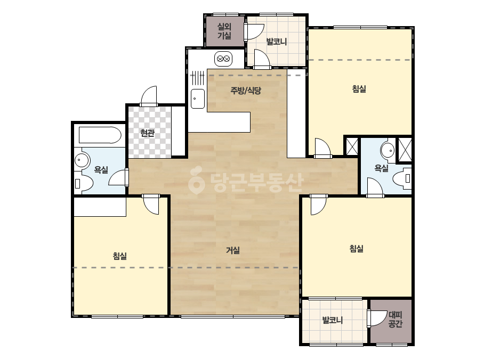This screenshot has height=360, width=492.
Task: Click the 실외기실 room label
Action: tap(224, 31)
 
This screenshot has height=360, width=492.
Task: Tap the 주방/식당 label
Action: tap(246, 91)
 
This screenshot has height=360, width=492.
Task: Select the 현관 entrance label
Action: tap(147, 133)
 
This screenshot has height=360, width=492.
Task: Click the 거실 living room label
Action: tap(233, 250)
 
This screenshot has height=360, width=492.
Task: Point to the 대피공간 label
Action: tap(395, 319)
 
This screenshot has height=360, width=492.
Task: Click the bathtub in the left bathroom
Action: tap(100, 135)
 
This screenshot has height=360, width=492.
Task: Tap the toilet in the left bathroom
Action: tap(83, 183)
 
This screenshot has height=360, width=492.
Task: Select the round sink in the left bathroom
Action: tap(82, 160)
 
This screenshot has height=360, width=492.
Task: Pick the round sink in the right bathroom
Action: tap(388, 150)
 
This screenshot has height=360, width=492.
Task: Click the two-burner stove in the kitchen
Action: tap(223, 59)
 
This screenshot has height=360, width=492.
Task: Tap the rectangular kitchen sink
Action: tap(198, 99)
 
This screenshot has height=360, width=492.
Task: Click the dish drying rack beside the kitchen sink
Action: tap(198, 78)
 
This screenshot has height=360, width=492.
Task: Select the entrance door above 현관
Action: tap(149, 96)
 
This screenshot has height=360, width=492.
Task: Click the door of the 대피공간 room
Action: tap(376, 318)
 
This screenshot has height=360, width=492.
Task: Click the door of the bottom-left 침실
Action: tap(151, 204)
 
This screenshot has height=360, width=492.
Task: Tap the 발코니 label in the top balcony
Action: tap(277, 42)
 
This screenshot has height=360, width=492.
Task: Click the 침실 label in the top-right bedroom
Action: tap(359, 89)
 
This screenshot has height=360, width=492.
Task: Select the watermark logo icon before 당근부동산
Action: tap(196, 180)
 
